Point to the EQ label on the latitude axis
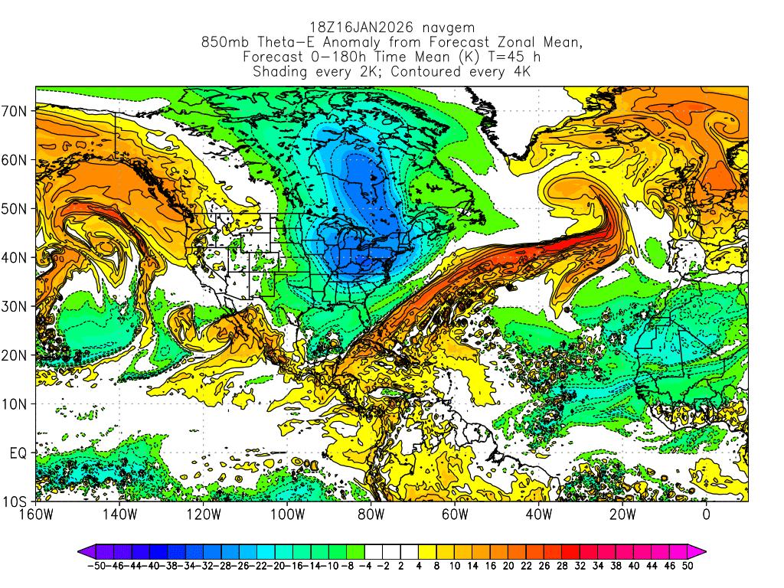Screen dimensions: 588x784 [18, 452]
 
